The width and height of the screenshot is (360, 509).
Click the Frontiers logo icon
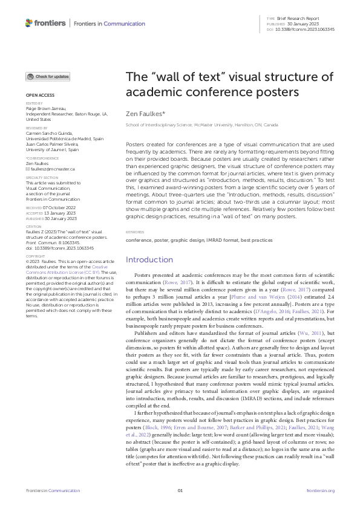(28, 23)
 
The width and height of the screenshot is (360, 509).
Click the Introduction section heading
(149, 259)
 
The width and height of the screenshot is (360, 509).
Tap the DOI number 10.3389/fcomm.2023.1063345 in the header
(306, 28)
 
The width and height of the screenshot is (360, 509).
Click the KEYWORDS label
(135, 232)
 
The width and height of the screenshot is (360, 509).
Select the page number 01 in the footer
(180, 490)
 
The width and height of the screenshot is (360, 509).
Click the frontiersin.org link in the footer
(321, 490)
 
